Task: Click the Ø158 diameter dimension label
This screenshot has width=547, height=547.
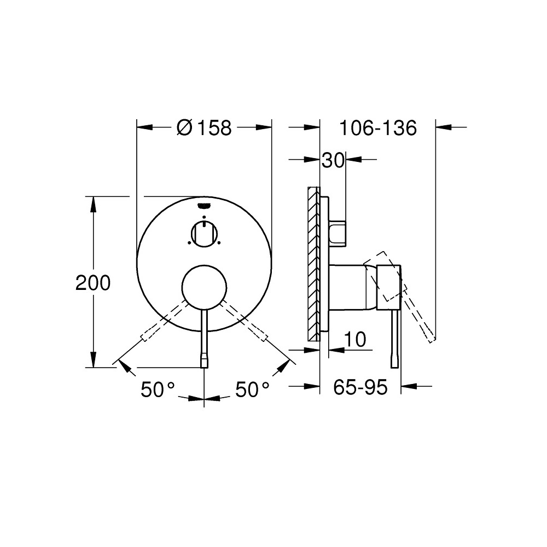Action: pos(205,128)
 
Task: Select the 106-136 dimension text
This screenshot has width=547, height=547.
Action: pos(378,128)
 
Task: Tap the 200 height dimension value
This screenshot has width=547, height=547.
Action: pos(93,283)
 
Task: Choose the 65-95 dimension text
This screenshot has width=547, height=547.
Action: pos(360,387)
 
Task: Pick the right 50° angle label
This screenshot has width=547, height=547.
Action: pos(253,390)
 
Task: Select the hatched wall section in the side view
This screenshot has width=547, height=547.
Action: pos(313,263)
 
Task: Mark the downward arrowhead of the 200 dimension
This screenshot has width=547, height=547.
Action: pos(94,360)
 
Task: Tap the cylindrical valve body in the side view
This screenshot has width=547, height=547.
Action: pos(350,288)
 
